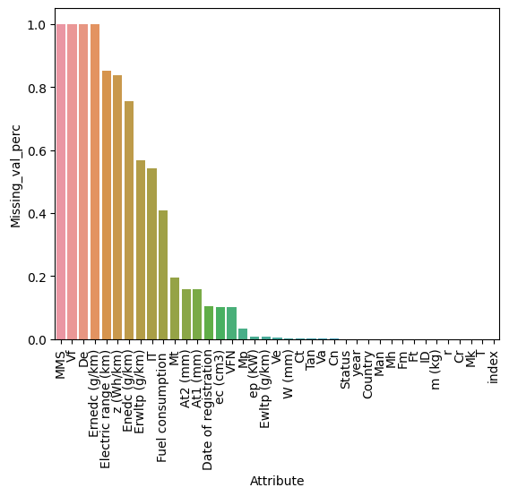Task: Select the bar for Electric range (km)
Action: coord(106,205)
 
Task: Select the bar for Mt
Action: coord(175,309)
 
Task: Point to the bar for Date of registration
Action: coord(209,323)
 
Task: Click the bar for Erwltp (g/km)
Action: coord(141,250)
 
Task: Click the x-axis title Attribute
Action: coord(277,481)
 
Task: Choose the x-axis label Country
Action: coord(368,372)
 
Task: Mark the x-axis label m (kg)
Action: coord(436,368)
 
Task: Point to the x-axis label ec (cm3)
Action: coord(220,372)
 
